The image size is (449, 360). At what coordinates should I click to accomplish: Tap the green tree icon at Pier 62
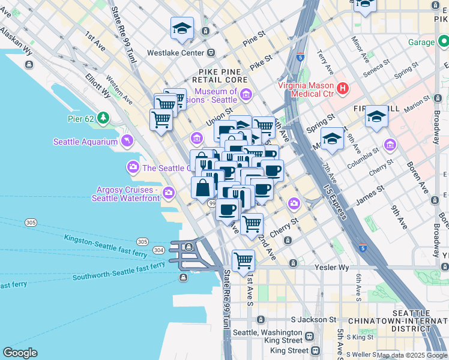[104, 118]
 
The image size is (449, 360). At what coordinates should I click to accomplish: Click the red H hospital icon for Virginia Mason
[343, 89]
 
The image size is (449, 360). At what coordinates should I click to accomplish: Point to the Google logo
[20, 353]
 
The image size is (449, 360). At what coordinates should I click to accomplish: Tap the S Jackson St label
[312, 319]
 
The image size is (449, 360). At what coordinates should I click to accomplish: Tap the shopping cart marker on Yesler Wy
[243, 260]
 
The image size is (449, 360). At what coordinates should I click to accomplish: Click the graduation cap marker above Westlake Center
[182, 28]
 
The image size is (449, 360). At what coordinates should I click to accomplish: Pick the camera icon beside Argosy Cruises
[169, 193]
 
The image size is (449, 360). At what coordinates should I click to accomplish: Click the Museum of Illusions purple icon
[245, 94]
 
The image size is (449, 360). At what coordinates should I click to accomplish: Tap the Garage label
[421, 42]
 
